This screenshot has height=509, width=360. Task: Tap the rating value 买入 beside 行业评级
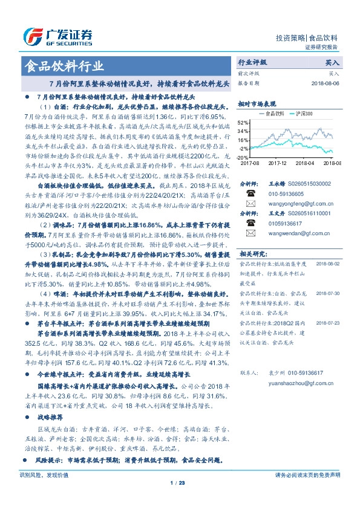pyautogui.click(x=332, y=63)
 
